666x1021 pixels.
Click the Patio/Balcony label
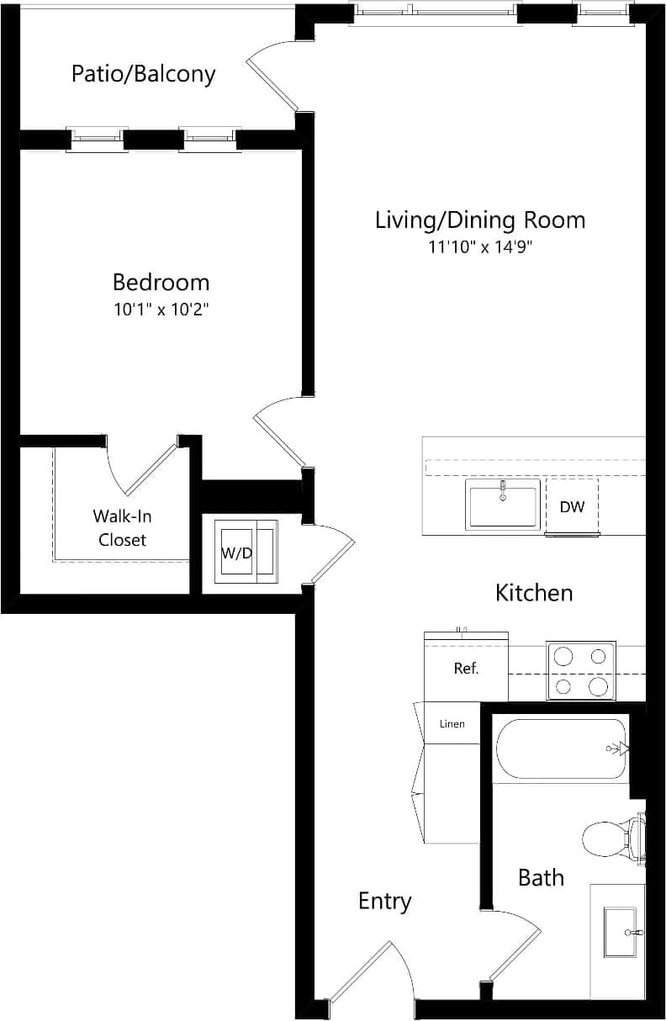pyautogui.click(x=143, y=74)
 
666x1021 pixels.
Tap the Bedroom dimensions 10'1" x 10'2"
pyautogui.click(x=161, y=309)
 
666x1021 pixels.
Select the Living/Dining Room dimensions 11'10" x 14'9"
pyautogui.click(x=480, y=247)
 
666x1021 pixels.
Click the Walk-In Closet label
pyautogui.click(x=122, y=528)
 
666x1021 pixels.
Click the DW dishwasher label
pyautogui.click(x=572, y=507)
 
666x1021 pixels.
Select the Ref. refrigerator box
pyautogui.click(x=466, y=669)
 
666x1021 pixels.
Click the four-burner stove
pyautogui.click(x=581, y=670)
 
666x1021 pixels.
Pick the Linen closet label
pyautogui.click(x=452, y=724)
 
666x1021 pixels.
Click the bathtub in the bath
pyautogui.click(x=560, y=749)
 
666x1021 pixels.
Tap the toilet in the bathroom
pyautogui.click(x=607, y=838)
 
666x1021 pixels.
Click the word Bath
pyautogui.click(x=541, y=878)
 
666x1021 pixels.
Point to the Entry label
pyautogui.click(x=384, y=902)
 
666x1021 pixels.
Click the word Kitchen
pyautogui.click(x=534, y=593)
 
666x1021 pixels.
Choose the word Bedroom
pyautogui.click(x=161, y=282)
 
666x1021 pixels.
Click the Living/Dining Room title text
pyautogui.click(x=480, y=220)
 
